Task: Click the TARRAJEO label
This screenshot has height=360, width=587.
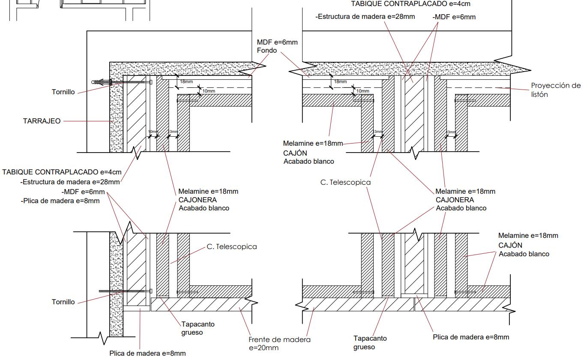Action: coord(42,121)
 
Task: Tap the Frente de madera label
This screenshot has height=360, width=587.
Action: coord(279,339)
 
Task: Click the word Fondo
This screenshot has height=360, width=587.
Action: coord(267,51)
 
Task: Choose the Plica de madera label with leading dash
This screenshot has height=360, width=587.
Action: coord(60,201)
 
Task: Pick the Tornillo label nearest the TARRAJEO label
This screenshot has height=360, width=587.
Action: coord(63,92)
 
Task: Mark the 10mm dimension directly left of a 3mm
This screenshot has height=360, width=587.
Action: coord(153,132)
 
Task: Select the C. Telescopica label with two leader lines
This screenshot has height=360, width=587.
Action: coord(345,182)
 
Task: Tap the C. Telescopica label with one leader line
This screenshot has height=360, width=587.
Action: coord(231,247)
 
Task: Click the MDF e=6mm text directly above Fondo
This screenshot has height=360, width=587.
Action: coord(277,42)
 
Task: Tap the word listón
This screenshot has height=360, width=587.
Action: coord(539,94)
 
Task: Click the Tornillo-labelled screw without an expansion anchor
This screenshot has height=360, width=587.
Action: coord(124,291)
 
